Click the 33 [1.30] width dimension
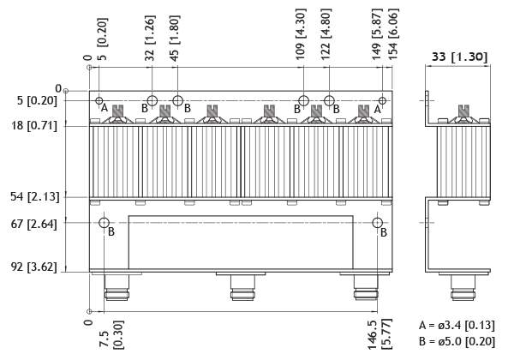point(459,57)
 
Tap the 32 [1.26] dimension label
point(150,38)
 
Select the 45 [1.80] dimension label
point(175,38)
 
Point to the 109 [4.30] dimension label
point(301,34)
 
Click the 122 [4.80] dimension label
point(326,34)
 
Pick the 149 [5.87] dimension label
point(377,34)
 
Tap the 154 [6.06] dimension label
point(393,34)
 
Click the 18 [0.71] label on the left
point(34,126)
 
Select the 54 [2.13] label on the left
point(35,197)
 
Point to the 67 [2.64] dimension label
point(34,225)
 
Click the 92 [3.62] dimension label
point(34,267)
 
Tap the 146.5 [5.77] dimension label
point(380,333)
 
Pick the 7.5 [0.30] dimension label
point(111,335)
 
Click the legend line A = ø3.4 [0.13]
point(457,325)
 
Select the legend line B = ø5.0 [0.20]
point(457,341)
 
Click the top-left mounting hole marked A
point(99,100)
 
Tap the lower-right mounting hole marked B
point(378,223)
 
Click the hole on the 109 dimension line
point(303,100)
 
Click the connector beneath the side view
point(463,287)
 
